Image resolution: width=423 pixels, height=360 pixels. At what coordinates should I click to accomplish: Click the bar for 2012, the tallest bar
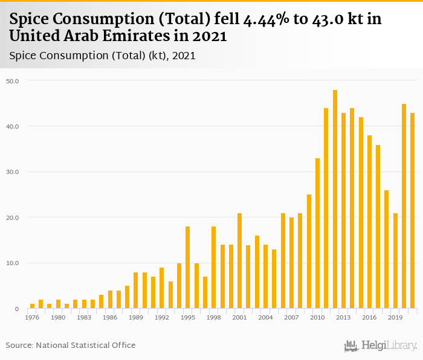click(x=335, y=199)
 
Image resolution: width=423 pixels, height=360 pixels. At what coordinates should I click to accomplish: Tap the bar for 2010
click(x=317, y=233)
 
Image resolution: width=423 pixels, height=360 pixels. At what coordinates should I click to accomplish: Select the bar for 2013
click(x=343, y=211)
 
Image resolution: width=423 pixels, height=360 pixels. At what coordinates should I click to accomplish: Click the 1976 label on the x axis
click(x=32, y=317)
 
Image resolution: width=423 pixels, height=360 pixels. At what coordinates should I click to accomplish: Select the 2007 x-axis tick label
click(x=291, y=317)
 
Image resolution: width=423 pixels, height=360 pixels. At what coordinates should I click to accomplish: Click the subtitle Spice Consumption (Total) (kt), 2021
click(x=102, y=56)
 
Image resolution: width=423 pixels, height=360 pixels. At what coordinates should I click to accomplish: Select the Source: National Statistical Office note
click(x=71, y=345)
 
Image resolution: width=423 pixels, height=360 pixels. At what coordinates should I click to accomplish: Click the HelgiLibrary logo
click(x=380, y=346)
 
